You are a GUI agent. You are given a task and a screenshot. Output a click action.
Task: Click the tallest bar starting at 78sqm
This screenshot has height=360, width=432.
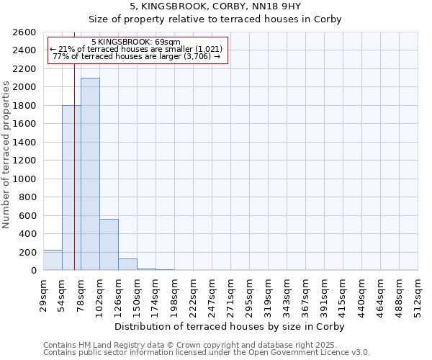pyautogui.click(x=90, y=174)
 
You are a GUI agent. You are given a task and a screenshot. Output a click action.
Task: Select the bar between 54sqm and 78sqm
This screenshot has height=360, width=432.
pyautogui.click(x=71, y=187)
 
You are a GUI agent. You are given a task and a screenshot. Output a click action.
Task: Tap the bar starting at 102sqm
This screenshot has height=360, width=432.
pyautogui.click(x=109, y=244)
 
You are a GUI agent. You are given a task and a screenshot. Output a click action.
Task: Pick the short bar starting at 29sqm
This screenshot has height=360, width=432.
pyautogui.click(x=53, y=260)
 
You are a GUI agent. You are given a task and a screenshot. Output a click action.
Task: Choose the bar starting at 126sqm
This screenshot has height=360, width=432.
pyautogui.click(x=127, y=264)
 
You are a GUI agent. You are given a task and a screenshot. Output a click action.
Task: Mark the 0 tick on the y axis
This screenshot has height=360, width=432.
pyautogui.click(x=33, y=271)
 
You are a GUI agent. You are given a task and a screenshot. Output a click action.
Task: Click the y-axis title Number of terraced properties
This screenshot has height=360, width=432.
pyautogui.click(x=7, y=155)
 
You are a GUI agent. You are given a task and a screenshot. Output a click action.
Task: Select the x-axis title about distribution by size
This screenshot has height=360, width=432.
pyautogui.click(x=230, y=326)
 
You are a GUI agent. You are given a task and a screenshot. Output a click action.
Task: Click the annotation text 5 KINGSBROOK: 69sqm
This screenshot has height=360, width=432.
pyautogui.click(x=136, y=42)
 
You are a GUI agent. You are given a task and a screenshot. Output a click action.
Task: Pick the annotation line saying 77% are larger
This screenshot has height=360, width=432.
pyautogui.click(x=136, y=56)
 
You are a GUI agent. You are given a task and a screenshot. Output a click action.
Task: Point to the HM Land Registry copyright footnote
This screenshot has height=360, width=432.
pyautogui.click(x=206, y=345)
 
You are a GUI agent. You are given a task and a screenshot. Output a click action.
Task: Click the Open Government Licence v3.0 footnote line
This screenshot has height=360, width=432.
pyautogui.click(x=206, y=353)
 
